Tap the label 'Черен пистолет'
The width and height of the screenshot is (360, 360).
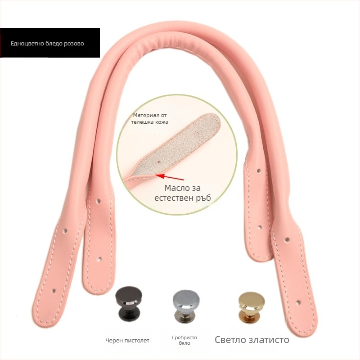click(x=127, y=341)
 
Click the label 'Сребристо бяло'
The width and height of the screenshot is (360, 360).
click(x=184, y=340)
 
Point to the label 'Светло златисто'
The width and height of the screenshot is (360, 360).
click(x=252, y=340)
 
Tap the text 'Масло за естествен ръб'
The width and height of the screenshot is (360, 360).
click(x=183, y=193)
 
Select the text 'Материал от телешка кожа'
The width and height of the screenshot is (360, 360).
click(x=150, y=118)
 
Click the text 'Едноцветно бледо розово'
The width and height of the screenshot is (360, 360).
click(x=47, y=43)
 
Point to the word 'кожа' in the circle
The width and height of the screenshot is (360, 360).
click(x=162, y=122)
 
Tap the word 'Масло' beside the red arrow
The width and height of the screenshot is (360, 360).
click(x=176, y=188)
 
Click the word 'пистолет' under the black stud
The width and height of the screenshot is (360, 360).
click(x=137, y=341)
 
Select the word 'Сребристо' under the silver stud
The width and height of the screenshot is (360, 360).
click(x=184, y=338)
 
